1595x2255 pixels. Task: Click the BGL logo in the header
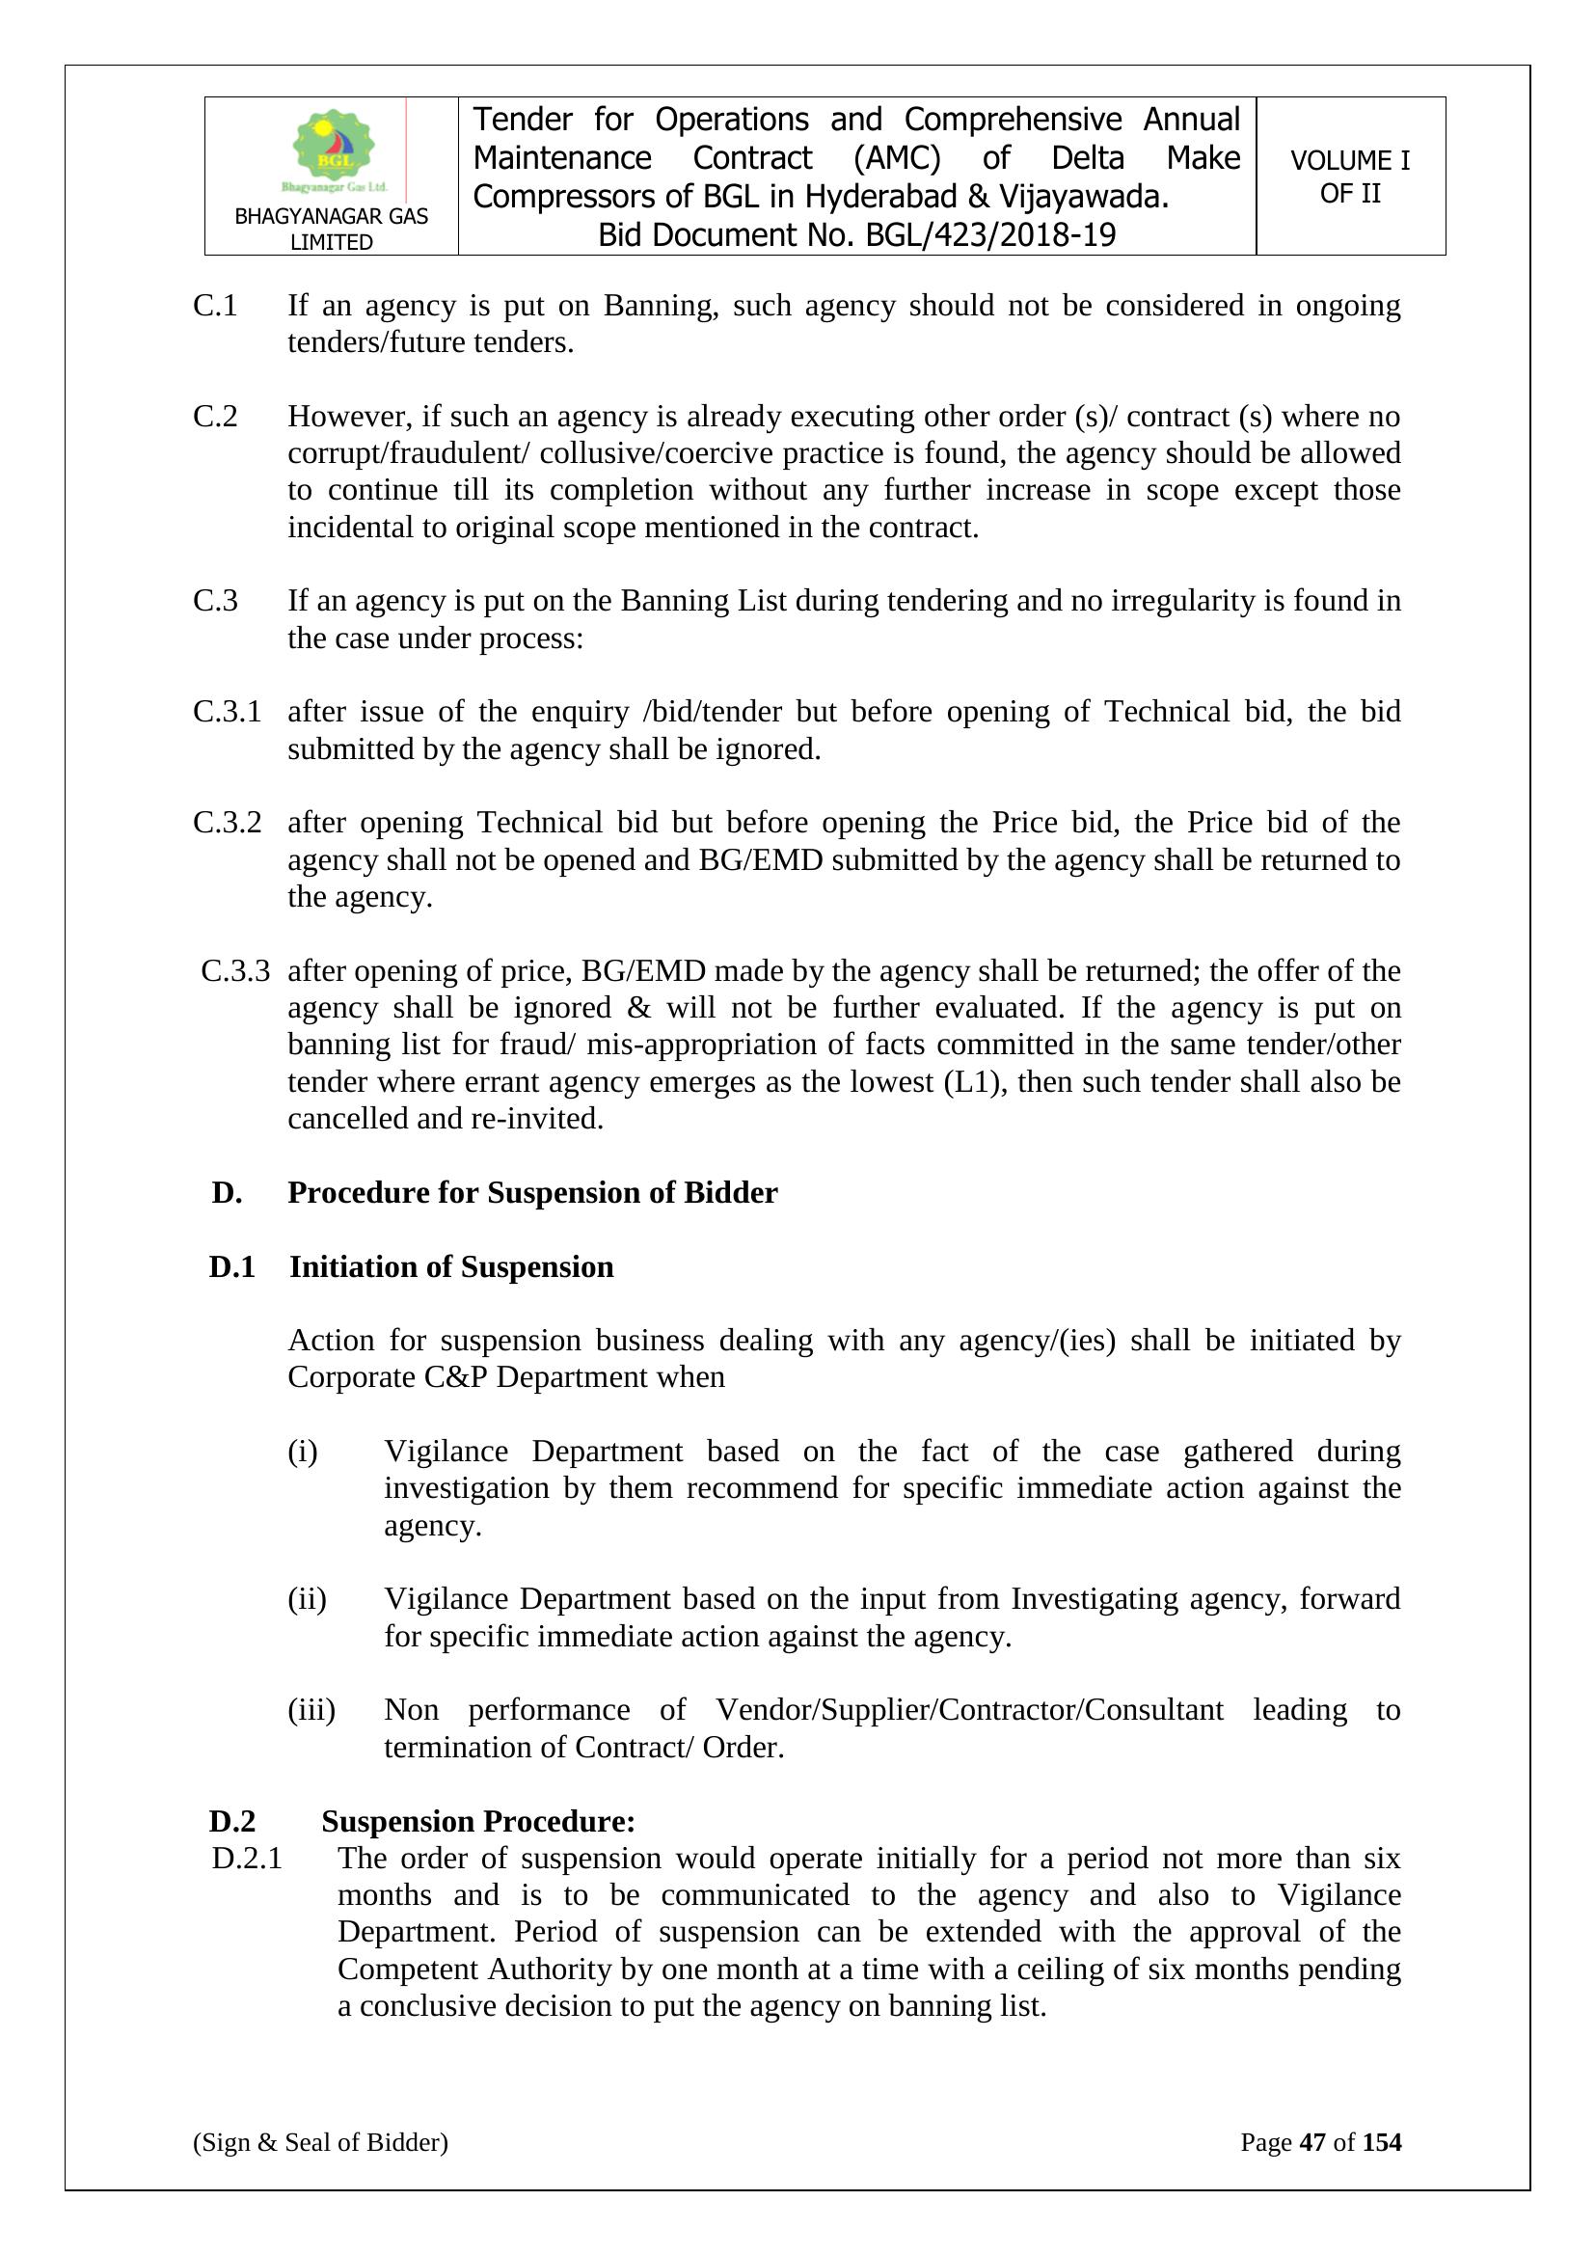(334, 149)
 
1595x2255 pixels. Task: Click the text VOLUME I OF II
(1349, 177)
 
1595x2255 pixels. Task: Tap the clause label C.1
(215, 306)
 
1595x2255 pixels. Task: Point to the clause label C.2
(215, 417)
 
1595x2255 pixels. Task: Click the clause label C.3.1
(227, 711)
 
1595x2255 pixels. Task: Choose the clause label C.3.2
(227, 822)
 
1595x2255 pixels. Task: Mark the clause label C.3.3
(234, 970)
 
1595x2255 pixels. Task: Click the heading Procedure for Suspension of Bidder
(532, 1192)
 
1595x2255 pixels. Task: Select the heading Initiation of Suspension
(450, 1267)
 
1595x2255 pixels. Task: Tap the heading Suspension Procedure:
(478, 1821)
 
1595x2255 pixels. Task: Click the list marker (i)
(303, 1451)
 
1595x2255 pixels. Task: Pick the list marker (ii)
(307, 1599)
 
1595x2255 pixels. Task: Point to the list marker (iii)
(311, 1710)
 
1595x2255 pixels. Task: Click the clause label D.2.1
(247, 1859)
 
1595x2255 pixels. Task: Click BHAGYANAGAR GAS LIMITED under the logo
(331, 229)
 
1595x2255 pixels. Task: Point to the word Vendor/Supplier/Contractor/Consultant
(969, 1710)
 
